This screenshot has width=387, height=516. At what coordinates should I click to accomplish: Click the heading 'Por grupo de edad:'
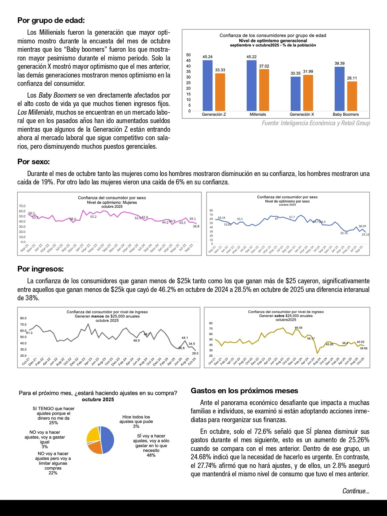click(x=51, y=20)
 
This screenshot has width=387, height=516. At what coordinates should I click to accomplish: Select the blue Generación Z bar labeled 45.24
click(x=207, y=85)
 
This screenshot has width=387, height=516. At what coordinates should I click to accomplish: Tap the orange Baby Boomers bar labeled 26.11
click(x=352, y=96)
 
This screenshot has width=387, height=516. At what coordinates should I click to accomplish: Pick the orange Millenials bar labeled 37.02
click(x=264, y=90)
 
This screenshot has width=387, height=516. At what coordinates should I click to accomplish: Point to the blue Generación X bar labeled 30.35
click(x=295, y=94)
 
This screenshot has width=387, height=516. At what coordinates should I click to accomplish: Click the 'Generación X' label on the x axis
click(x=302, y=114)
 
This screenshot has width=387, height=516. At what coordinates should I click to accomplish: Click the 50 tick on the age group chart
click(x=189, y=55)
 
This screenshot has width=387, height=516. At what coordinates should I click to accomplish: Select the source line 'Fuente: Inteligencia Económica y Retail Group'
click(x=316, y=123)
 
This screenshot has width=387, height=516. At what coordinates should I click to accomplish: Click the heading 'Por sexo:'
click(x=33, y=162)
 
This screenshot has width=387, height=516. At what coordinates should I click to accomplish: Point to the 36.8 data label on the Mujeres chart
click(x=196, y=226)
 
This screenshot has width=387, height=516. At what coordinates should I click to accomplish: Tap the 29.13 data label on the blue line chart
click(x=365, y=235)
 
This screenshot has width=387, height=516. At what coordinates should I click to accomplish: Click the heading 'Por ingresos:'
click(x=41, y=269)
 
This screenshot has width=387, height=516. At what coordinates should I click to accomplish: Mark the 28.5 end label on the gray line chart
click(x=195, y=353)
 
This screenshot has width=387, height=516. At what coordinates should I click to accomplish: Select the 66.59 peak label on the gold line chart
click(x=298, y=328)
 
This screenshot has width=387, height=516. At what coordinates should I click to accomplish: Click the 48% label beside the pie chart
click(x=151, y=455)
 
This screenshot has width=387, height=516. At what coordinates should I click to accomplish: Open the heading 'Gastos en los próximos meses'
click(x=244, y=391)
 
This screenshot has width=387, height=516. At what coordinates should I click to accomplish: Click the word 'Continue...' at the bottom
click(x=356, y=491)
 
